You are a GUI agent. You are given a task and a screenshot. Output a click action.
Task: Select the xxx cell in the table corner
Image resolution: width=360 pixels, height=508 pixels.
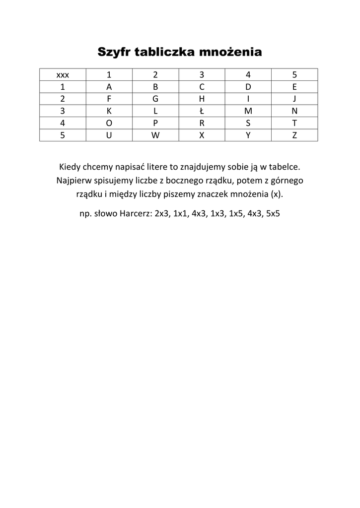tap(63, 75)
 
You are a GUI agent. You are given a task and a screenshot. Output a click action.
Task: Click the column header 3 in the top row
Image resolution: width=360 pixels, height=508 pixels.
tap(202, 75)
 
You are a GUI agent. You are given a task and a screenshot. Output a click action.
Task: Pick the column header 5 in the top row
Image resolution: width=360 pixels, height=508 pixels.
tap(294, 75)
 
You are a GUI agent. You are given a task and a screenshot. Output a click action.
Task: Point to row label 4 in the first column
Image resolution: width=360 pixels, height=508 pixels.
tap(63, 123)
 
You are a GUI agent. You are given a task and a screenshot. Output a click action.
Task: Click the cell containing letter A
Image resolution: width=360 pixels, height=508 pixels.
tap(109, 87)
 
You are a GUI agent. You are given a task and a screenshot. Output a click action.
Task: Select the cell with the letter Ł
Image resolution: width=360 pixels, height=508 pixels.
tap(202, 111)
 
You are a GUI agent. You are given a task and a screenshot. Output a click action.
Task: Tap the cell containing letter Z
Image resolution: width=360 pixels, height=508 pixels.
tap(294, 135)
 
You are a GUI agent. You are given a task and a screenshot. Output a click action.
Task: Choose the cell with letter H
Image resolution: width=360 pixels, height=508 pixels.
tap(202, 99)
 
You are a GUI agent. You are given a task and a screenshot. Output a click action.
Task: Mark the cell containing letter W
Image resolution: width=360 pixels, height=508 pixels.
tap(155, 135)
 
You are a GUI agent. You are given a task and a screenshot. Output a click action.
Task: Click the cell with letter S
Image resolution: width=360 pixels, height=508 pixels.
tap(248, 123)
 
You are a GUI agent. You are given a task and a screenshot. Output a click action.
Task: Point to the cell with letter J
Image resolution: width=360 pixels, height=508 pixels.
tap(294, 99)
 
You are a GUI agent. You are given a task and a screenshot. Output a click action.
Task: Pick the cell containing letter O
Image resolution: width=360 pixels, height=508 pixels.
tap(109, 123)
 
